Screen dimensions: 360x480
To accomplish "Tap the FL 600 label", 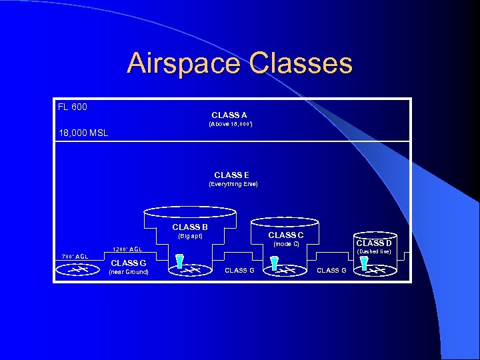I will [x=73, y=107].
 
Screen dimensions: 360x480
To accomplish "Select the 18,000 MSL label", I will [x=83, y=133].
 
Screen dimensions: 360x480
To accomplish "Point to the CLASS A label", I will [x=229, y=115].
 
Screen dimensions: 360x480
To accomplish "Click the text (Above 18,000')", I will [x=229, y=124].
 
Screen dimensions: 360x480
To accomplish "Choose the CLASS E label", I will [x=232, y=175].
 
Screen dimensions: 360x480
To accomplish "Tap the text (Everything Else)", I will [x=233, y=184].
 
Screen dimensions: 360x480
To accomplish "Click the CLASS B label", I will [x=190, y=227].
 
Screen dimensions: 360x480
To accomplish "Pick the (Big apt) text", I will [x=190, y=236].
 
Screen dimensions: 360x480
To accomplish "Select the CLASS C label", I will [x=286, y=235].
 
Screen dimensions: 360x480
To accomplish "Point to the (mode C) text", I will [x=286, y=244].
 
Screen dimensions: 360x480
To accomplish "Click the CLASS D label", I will [x=374, y=243].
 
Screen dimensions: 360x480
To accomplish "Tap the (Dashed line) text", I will [x=374, y=251].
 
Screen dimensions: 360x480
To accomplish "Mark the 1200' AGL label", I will [x=127, y=249].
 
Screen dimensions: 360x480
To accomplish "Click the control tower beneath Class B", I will [x=179, y=263].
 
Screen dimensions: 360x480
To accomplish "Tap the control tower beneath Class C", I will [x=274, y=264].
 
